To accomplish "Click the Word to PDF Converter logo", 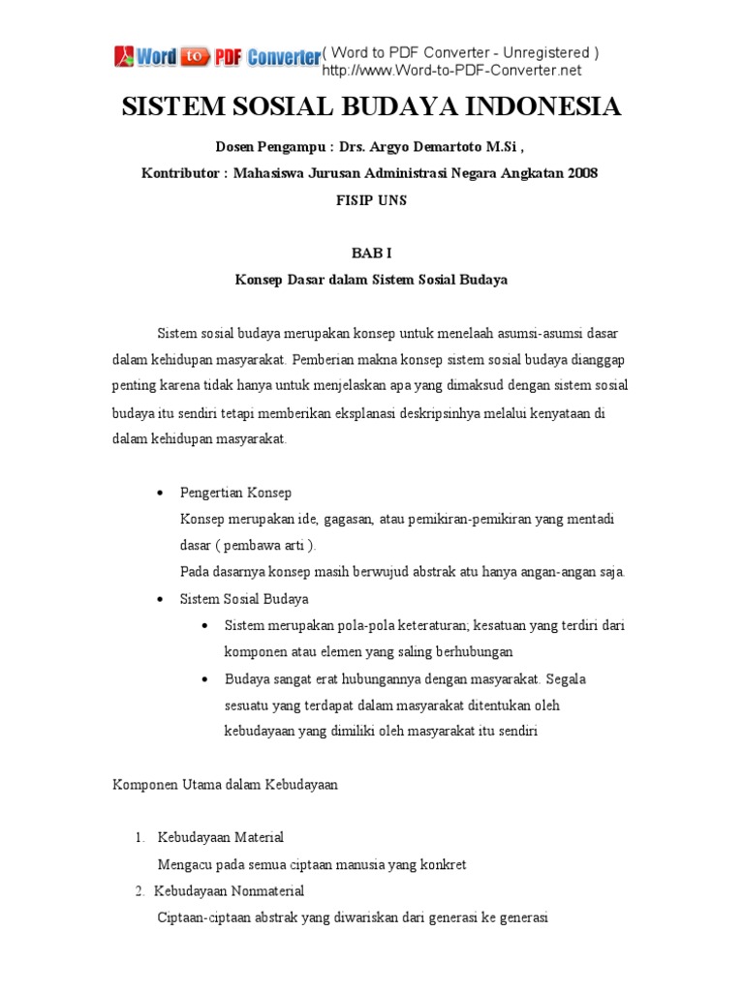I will [x=217, y=57].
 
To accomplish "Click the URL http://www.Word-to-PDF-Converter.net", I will [x=451, y=71].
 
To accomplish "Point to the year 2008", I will [x=580, y=174].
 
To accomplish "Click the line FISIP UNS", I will [x=371, y=200].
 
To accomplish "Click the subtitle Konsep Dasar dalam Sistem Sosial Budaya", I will [x=371, y=281].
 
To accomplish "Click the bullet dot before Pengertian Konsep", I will [x=160, y=494].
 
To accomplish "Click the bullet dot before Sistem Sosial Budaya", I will [x=160, y=600].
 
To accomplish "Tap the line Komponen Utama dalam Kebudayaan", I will [x=226, y=785].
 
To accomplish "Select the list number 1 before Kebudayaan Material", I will [x=139, y=837].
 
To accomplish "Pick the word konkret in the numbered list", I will [x=444, y=864].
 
